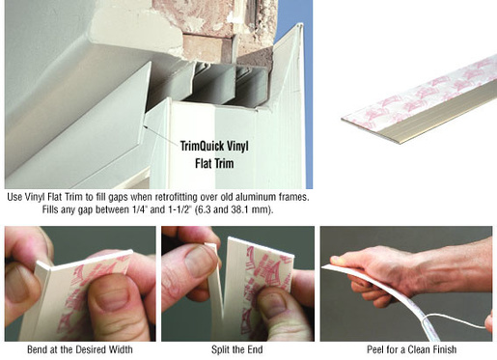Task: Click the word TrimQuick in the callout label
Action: (x=202, y=147)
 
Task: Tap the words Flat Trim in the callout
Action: (x=214, y=163)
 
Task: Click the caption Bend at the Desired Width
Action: (x=80, y=349)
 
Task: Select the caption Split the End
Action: (x=237, y=349)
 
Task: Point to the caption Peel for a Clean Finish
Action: (x=412, y=349)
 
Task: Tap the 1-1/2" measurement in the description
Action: (x=179, y=209)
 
